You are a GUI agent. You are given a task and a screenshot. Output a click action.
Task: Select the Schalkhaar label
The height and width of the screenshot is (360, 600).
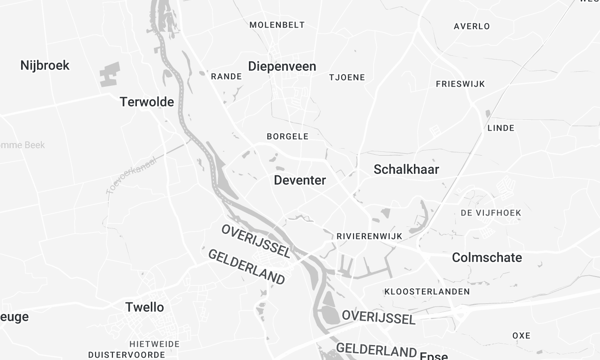406,169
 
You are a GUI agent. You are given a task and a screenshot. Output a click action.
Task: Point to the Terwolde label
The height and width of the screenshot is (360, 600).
148,101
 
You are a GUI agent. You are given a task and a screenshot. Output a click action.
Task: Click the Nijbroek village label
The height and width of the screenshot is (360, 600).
44,66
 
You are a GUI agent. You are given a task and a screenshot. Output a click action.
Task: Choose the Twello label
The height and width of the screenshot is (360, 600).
145,307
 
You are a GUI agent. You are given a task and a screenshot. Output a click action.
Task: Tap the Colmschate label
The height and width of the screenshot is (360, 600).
487,257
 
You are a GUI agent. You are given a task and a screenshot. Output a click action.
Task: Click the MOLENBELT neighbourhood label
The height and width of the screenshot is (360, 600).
276,24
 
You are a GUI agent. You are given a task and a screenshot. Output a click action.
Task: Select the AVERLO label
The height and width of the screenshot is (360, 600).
471,26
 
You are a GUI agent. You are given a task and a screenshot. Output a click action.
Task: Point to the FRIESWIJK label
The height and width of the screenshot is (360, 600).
460,84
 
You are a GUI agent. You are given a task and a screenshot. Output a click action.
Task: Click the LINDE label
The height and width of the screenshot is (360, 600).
500,128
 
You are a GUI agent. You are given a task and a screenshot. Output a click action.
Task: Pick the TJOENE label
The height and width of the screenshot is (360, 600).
347,77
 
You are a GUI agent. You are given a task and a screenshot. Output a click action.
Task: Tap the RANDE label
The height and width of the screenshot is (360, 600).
226,76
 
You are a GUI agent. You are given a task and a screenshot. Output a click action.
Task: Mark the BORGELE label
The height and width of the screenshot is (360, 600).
288,136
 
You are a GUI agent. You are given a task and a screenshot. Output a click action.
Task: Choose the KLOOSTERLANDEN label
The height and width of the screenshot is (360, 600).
428,291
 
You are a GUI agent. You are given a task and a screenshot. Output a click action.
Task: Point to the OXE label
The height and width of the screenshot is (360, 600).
521,335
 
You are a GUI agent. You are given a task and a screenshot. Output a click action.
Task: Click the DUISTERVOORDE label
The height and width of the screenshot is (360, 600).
126,354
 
